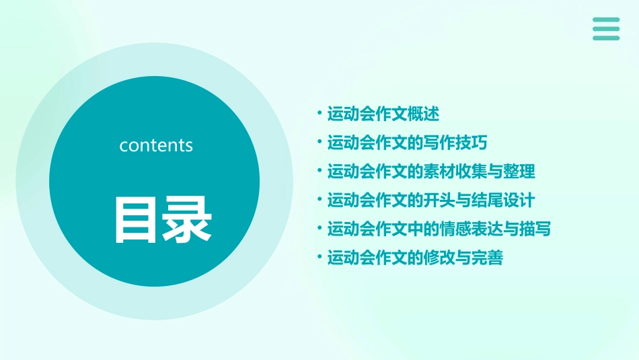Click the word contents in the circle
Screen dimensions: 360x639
[x=156, y=145]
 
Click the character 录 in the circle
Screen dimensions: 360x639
[x=186, y=220]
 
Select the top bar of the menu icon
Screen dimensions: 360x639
[x=606, y=20]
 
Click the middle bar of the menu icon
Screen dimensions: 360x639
[x=606, y=29]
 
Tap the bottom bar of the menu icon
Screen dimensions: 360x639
[x=606, y=38]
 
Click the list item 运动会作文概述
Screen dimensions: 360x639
[x=383, y=114]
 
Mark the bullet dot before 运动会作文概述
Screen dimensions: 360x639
[x=319, y=113]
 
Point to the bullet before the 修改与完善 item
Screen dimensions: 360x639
[x=319, y=257]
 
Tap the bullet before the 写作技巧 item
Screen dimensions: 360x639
[x=319, y=142]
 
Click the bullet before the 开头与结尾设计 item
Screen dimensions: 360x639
[x=319, y=199]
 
